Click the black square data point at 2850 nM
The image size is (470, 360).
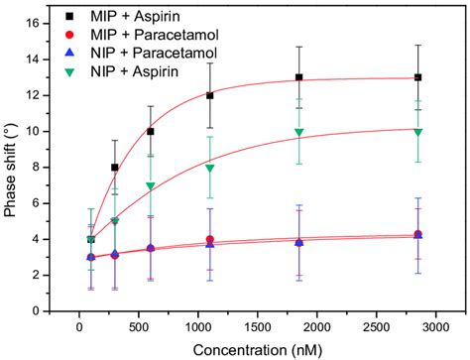tap(418, 77)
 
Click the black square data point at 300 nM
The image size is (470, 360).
tap(115, 168)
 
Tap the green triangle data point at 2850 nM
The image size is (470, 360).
tap(418, 132)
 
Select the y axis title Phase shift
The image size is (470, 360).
tap(11, 166)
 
